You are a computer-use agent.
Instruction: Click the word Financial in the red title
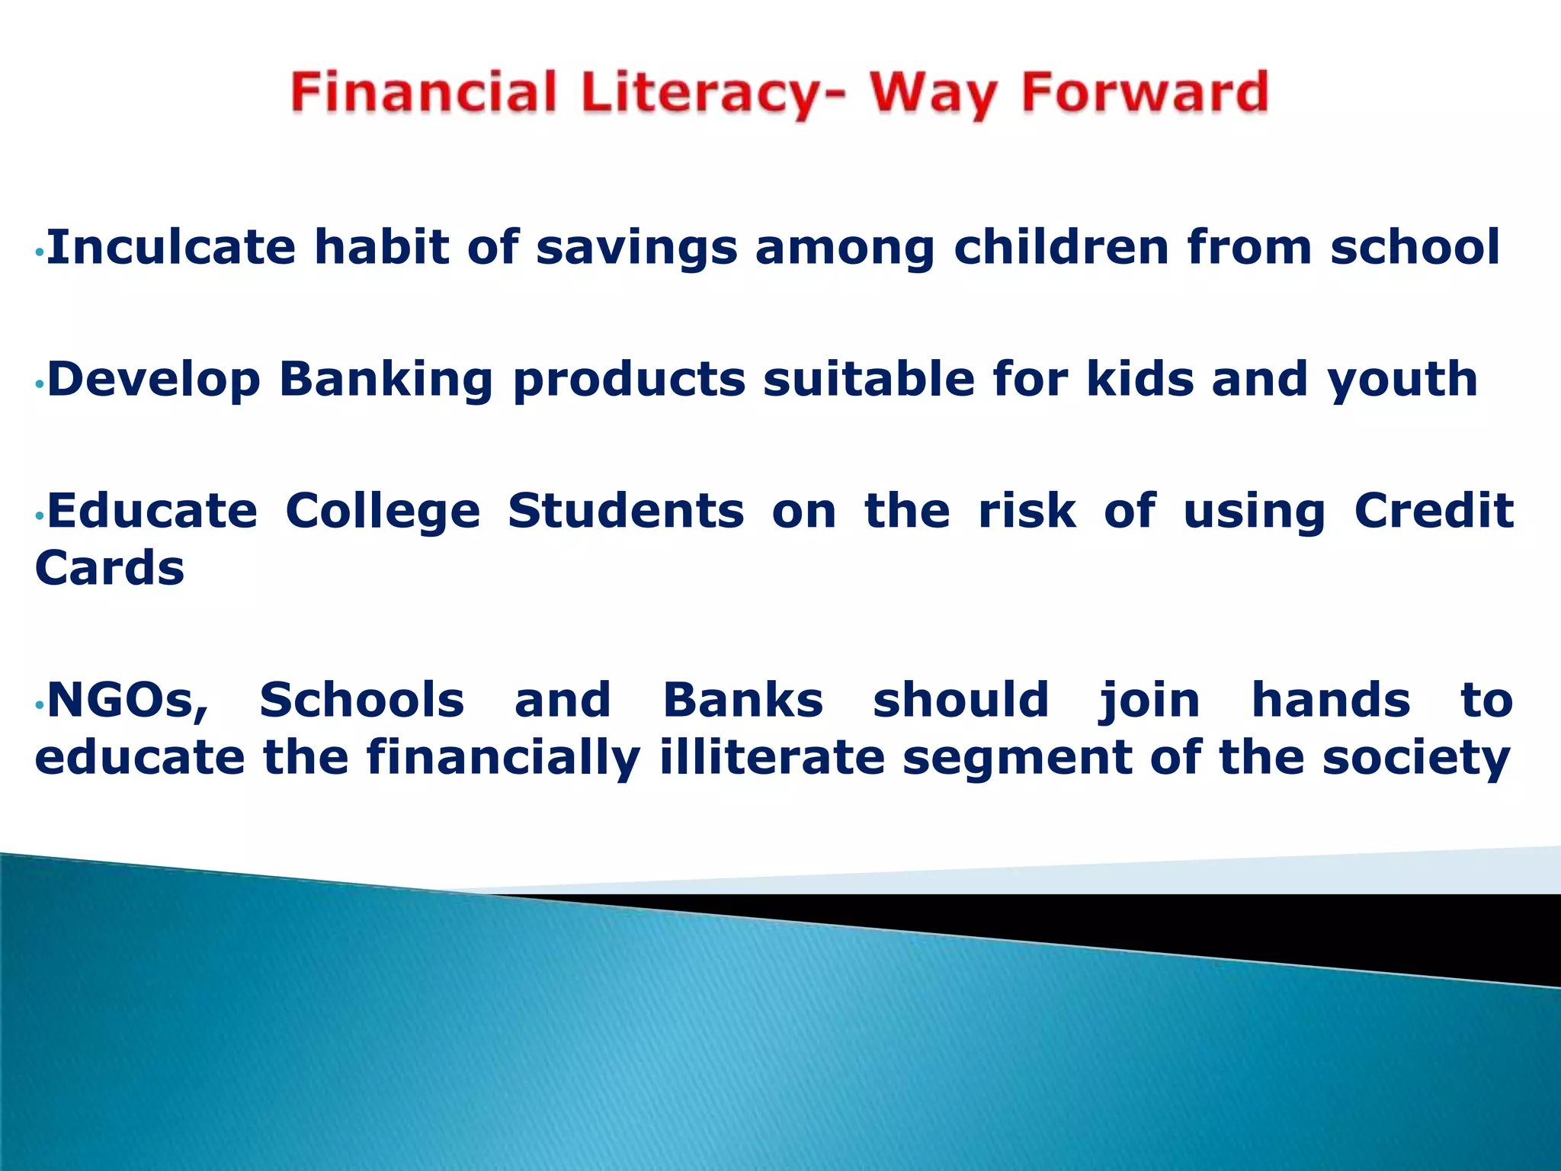pyautogui.click(x=424, y=93)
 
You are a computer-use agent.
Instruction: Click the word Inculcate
pyautogui.click(x=171, y=248)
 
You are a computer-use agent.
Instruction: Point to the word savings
pyautogui.click(x=636, y=249)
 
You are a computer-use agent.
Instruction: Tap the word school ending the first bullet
pyautogui.click(x=1415, y=248)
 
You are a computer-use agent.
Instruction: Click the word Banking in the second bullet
pyautogui.click(x=386, y=380)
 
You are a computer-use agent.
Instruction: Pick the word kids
pyautogui.click(x=1139, y=379)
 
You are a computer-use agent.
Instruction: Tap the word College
pyautogui.click(x=383, y=512)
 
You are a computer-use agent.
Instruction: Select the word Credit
pyautogui.click(x=1433, y=511)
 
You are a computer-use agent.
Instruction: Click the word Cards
pyautogui.click(x=110, y=569)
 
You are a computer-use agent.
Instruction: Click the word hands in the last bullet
pyautogui.click(x=1331, y=701)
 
